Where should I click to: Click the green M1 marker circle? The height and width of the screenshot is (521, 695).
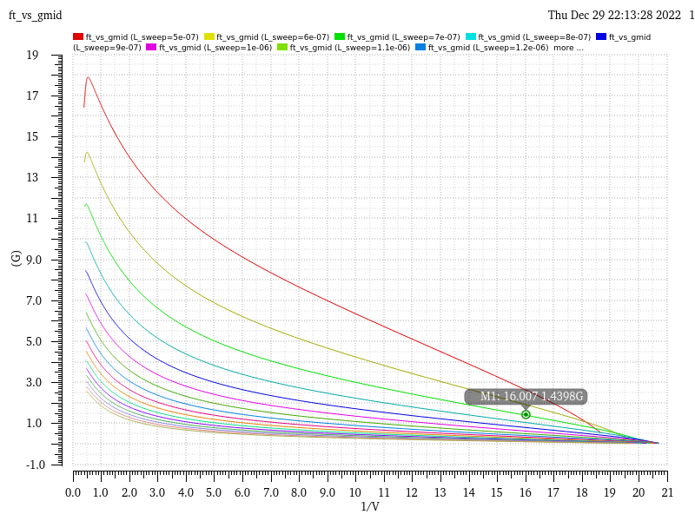pyautogui.click(x=526, y=414)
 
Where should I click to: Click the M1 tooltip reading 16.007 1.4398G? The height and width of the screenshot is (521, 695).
pyautogui.click(x=526, y=397)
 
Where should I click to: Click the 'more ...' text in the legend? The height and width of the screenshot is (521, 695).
pyautogui.click(x=569, y=48)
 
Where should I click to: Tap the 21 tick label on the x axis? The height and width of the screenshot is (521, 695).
pyautogui.click(x=667, y=492)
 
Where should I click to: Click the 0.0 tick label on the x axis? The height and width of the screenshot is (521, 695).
pyautogui.click(x=73, y=492)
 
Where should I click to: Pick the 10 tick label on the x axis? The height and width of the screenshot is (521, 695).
pyautogui.click(x=356, y=492)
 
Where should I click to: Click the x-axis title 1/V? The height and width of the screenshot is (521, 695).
pyautogui.click(x=370, y=506)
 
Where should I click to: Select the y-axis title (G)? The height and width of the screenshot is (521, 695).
pyautogui.click(x=17, y=258)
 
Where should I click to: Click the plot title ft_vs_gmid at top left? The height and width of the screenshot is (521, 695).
pyautogui.click(x=35, y=16)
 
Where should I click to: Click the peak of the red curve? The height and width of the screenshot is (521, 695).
pyautogui.click(x=88, y=77)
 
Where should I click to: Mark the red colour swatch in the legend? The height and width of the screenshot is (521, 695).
pyautogui.click(x=78, y=37)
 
